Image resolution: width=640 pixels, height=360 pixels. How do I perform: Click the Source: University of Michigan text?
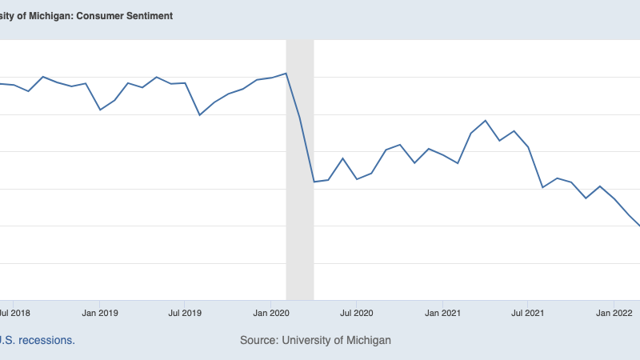point(315,340)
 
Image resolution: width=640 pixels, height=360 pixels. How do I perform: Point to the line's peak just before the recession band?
point(286,74)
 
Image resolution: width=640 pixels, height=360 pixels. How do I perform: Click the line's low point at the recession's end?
point(314,182)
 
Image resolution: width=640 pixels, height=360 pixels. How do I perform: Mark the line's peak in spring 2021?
point(486,121)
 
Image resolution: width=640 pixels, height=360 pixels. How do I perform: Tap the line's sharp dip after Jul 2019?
point(199,115)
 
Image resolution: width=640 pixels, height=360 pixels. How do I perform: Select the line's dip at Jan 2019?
point(100,110)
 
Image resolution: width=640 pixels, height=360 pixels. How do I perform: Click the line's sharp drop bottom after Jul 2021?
point(543,187)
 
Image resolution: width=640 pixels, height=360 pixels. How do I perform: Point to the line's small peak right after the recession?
point(342,158)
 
